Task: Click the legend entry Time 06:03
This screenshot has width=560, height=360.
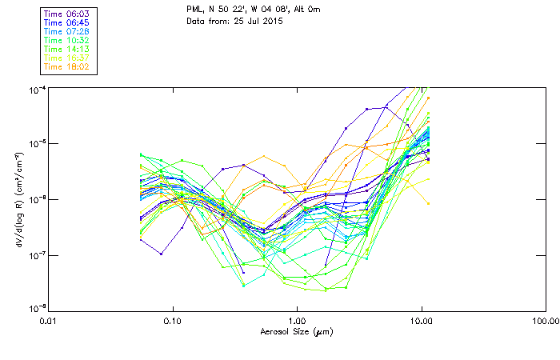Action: coord(67,13)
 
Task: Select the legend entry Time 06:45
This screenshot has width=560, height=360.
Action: coord(67,22)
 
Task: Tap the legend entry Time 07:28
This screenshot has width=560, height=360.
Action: coord(67,30)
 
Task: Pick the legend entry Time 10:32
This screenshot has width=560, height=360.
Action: coord(67,39)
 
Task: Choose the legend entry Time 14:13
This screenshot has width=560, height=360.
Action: coord(67,48)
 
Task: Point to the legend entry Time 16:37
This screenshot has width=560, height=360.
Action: coord(67,57)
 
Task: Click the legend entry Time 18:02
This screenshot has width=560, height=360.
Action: coord(67,66)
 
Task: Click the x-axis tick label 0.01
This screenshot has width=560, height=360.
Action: coord(48,321)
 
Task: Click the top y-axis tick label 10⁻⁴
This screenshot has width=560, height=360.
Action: coord(38,88)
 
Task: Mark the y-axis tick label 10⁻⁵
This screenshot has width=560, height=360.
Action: coord(38,143)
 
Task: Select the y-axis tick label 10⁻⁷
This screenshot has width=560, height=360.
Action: coord(38,254)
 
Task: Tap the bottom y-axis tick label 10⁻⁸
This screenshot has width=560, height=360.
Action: coord(38,309)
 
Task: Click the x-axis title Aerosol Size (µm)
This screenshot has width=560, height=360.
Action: coord(296,331)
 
